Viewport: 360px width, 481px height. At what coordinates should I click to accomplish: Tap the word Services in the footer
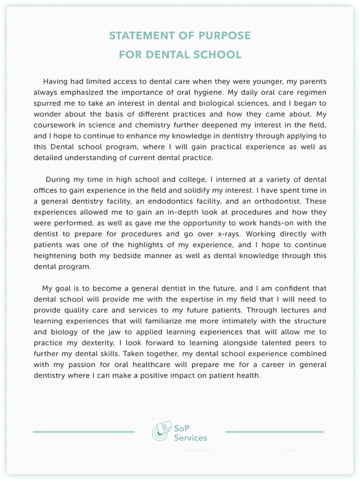click(x=190, y=438)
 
